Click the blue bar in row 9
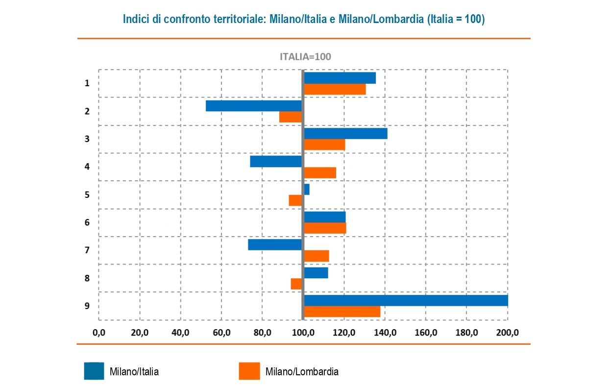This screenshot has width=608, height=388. [x=406, y=300]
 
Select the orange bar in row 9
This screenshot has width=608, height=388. [x=342, y=312]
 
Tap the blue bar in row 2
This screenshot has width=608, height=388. [x=253, y=106]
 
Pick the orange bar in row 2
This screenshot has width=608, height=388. [x=290, y=117]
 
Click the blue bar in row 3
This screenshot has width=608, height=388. [x=345, y=133]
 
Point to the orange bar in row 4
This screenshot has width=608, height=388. [x=320, y=172]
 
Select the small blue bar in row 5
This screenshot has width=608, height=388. [x=307, y=189]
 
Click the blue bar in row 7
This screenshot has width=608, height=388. [x=274, y=244]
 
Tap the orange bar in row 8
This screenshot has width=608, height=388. [x=296, y=284]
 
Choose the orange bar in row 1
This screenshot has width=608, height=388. [x=335, y=89]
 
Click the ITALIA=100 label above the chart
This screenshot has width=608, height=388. [x=305, y=56]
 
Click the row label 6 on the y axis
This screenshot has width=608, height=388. [x=87, y=222]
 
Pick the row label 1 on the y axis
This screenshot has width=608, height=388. [x=87, y=83]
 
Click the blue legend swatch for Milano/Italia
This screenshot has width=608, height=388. [x=94, y=371]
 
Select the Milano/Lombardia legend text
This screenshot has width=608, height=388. [x=302, y=371]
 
